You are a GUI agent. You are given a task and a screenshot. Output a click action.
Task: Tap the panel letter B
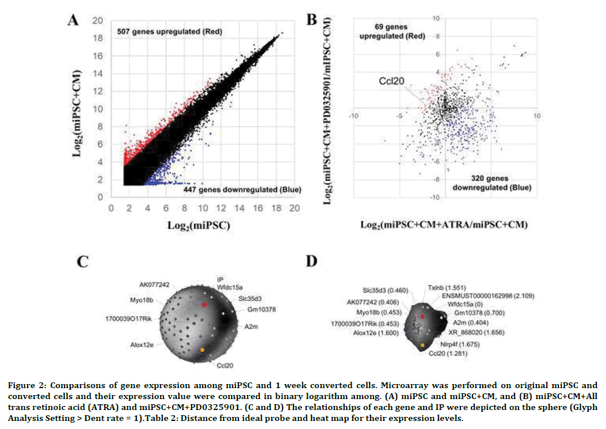pos(311,20)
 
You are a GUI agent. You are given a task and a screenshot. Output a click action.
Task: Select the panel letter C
pos(83,262)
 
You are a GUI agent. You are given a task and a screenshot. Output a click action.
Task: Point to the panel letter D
pos(311,262)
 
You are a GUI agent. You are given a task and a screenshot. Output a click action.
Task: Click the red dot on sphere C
pos(204,304)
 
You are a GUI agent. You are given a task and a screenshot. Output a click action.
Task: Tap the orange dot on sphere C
pos(202,350)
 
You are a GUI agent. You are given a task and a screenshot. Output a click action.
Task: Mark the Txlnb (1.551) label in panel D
pos(443,286)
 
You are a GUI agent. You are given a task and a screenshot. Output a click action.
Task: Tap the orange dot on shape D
pos(423,345)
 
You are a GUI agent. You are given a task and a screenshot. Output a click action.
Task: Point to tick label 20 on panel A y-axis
pos(98,20)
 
